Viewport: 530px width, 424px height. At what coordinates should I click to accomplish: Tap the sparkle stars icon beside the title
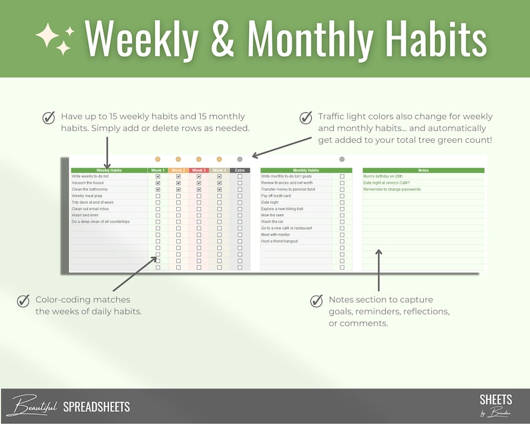(54, 39)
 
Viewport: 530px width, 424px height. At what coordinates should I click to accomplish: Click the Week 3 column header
(199, 170)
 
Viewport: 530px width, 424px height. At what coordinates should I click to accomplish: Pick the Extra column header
(240, 170)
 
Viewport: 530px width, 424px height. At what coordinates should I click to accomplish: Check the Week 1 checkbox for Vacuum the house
(158, 183)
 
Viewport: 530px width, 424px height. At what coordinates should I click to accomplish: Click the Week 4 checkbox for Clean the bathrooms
(219, 190)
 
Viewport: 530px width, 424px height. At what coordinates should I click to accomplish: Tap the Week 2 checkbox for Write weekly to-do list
(178, 176)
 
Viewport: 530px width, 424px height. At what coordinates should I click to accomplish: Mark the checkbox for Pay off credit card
(342, 196)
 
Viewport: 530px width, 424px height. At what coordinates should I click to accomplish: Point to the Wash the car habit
(274, 222)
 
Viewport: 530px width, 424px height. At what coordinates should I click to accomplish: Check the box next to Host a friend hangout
(342, 241)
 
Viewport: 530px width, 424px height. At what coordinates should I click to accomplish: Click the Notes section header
(423, 170)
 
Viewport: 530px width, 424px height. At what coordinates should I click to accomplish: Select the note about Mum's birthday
(383, 176)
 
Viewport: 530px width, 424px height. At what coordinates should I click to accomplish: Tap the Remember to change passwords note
(392, 190)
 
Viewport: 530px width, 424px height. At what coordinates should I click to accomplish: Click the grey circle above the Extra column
(240, 159)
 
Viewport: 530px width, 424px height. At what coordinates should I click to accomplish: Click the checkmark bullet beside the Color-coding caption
(23, 300)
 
